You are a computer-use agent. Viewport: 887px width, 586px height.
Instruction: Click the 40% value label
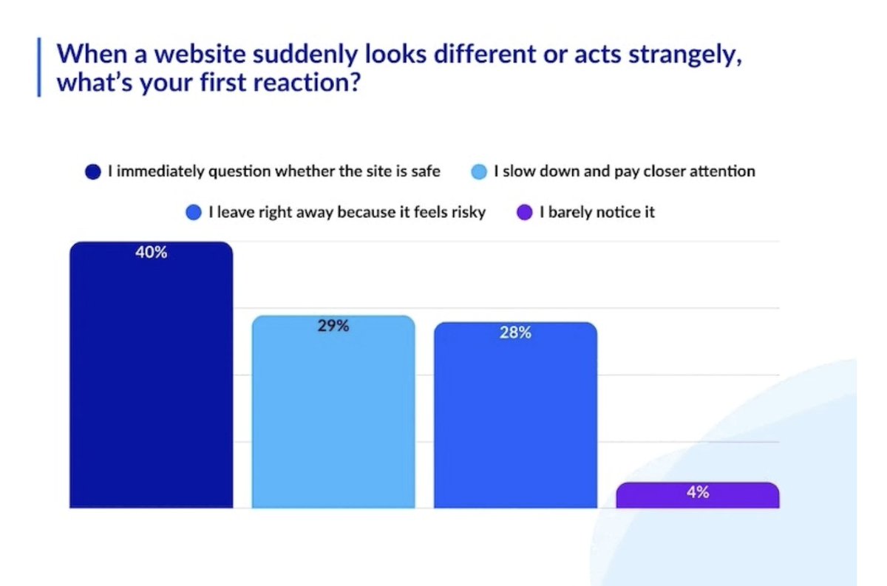(151, 253)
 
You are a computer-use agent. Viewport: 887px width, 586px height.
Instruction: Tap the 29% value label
(333, 326)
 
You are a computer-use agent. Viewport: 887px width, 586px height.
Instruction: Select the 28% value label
(515, 333)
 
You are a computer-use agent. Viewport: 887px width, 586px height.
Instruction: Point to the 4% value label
(697, 492)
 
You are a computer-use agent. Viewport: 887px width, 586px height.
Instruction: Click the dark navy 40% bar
(151, 384)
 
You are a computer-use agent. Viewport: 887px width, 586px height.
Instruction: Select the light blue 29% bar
(333, 421)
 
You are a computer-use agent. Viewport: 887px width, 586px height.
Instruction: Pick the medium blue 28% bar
(515, 425)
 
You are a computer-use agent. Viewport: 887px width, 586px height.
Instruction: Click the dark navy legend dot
(92, 172)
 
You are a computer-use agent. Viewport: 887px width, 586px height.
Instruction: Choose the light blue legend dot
(480, 172)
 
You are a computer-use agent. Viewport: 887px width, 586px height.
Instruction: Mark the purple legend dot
(525, 214)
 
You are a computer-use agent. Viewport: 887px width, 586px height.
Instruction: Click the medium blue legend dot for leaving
(194, 214)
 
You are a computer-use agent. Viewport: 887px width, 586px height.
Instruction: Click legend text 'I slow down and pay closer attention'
(625, 171)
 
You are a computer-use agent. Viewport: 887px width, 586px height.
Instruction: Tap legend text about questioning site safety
(274, 171)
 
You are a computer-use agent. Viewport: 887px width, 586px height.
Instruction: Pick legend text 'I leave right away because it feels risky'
(347, 213)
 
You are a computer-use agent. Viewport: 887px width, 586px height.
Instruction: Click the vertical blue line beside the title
(39, 68)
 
